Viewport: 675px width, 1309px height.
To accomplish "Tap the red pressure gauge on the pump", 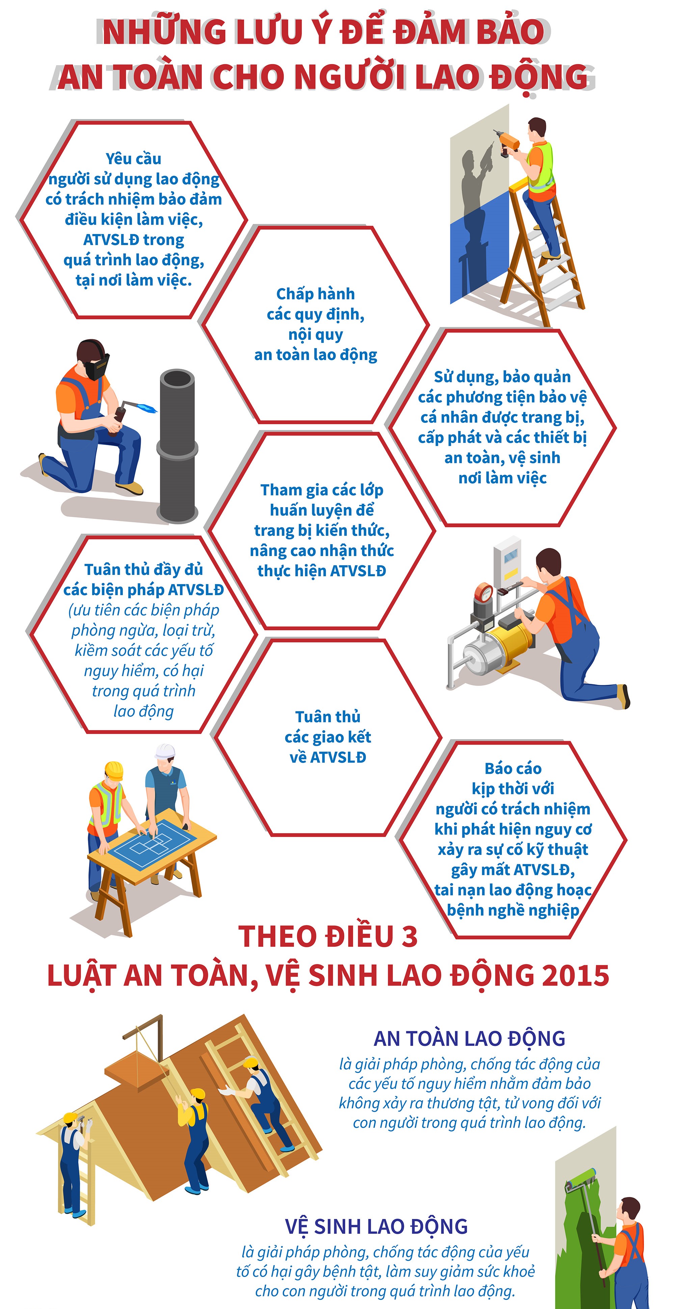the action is (484, 593).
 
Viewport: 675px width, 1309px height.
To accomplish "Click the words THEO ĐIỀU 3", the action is (328, 936).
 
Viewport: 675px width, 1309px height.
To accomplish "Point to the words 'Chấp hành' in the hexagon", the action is (315, 293).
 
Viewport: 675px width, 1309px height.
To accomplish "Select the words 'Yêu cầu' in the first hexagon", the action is (133, 158).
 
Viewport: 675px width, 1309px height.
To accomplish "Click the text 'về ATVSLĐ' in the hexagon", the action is (328, 757).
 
